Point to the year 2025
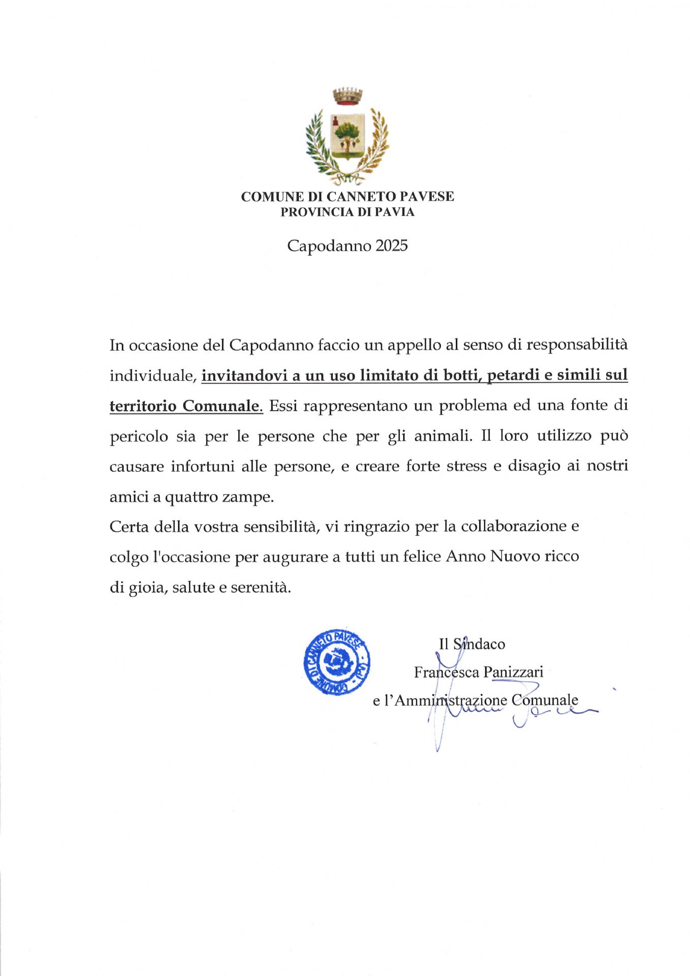(391, 246)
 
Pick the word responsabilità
(577, 345)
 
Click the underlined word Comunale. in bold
(223, 406)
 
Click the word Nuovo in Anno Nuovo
(515, 557)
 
